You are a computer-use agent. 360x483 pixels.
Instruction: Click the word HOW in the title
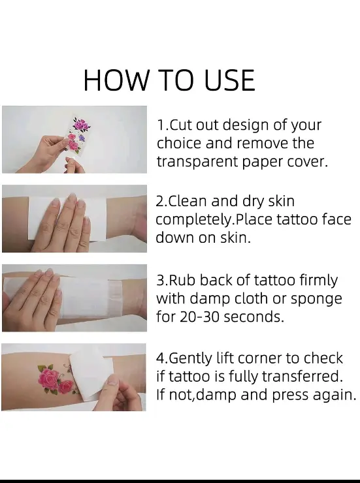[116, 80]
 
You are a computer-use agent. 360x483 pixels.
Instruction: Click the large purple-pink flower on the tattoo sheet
[81, 125]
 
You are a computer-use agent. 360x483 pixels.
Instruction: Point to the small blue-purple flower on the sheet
[82, 138]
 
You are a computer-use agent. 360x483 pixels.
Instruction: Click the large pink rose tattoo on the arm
[48, 378]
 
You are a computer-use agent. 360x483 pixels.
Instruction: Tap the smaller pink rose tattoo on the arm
[65, 387]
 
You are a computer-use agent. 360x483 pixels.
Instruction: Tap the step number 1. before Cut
[163, 125]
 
